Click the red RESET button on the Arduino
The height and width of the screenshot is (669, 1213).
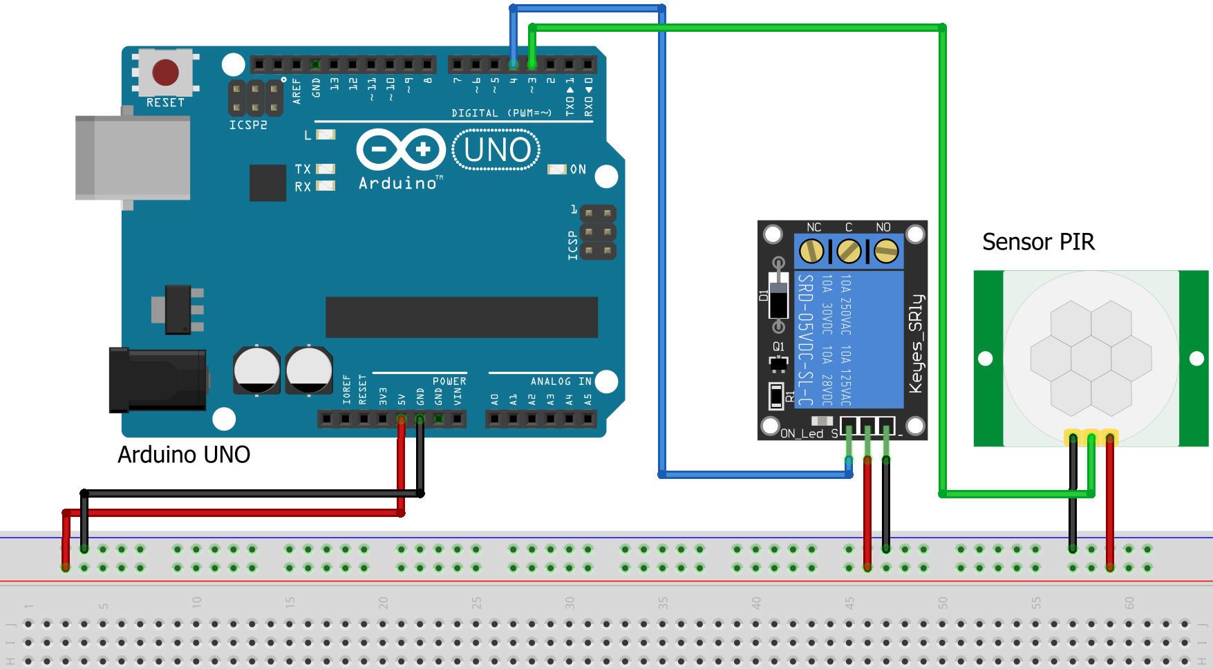165,72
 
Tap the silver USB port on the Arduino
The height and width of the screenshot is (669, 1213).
133,158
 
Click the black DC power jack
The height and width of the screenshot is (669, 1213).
158,380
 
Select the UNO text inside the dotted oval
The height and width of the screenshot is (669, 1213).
496,150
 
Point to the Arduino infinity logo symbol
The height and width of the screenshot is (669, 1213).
400,149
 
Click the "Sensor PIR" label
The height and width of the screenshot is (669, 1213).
1038,242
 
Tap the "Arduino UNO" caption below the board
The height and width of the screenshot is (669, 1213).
184,455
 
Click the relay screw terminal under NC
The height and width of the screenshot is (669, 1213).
811,251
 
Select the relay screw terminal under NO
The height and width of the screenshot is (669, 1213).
886,251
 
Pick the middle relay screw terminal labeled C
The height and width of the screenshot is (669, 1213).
849,251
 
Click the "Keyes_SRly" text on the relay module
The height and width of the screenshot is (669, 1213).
916,343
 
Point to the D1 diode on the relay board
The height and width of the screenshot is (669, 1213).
779,295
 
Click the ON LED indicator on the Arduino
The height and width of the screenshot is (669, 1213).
556,169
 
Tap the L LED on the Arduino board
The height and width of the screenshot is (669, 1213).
326,135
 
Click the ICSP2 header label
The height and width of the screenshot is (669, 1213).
248,125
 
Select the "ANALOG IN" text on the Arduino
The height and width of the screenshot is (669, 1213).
561,381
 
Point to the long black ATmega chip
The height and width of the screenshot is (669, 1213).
461,317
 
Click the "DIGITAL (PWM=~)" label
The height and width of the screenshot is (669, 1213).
502,113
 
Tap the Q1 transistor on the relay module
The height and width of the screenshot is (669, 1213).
779,362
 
